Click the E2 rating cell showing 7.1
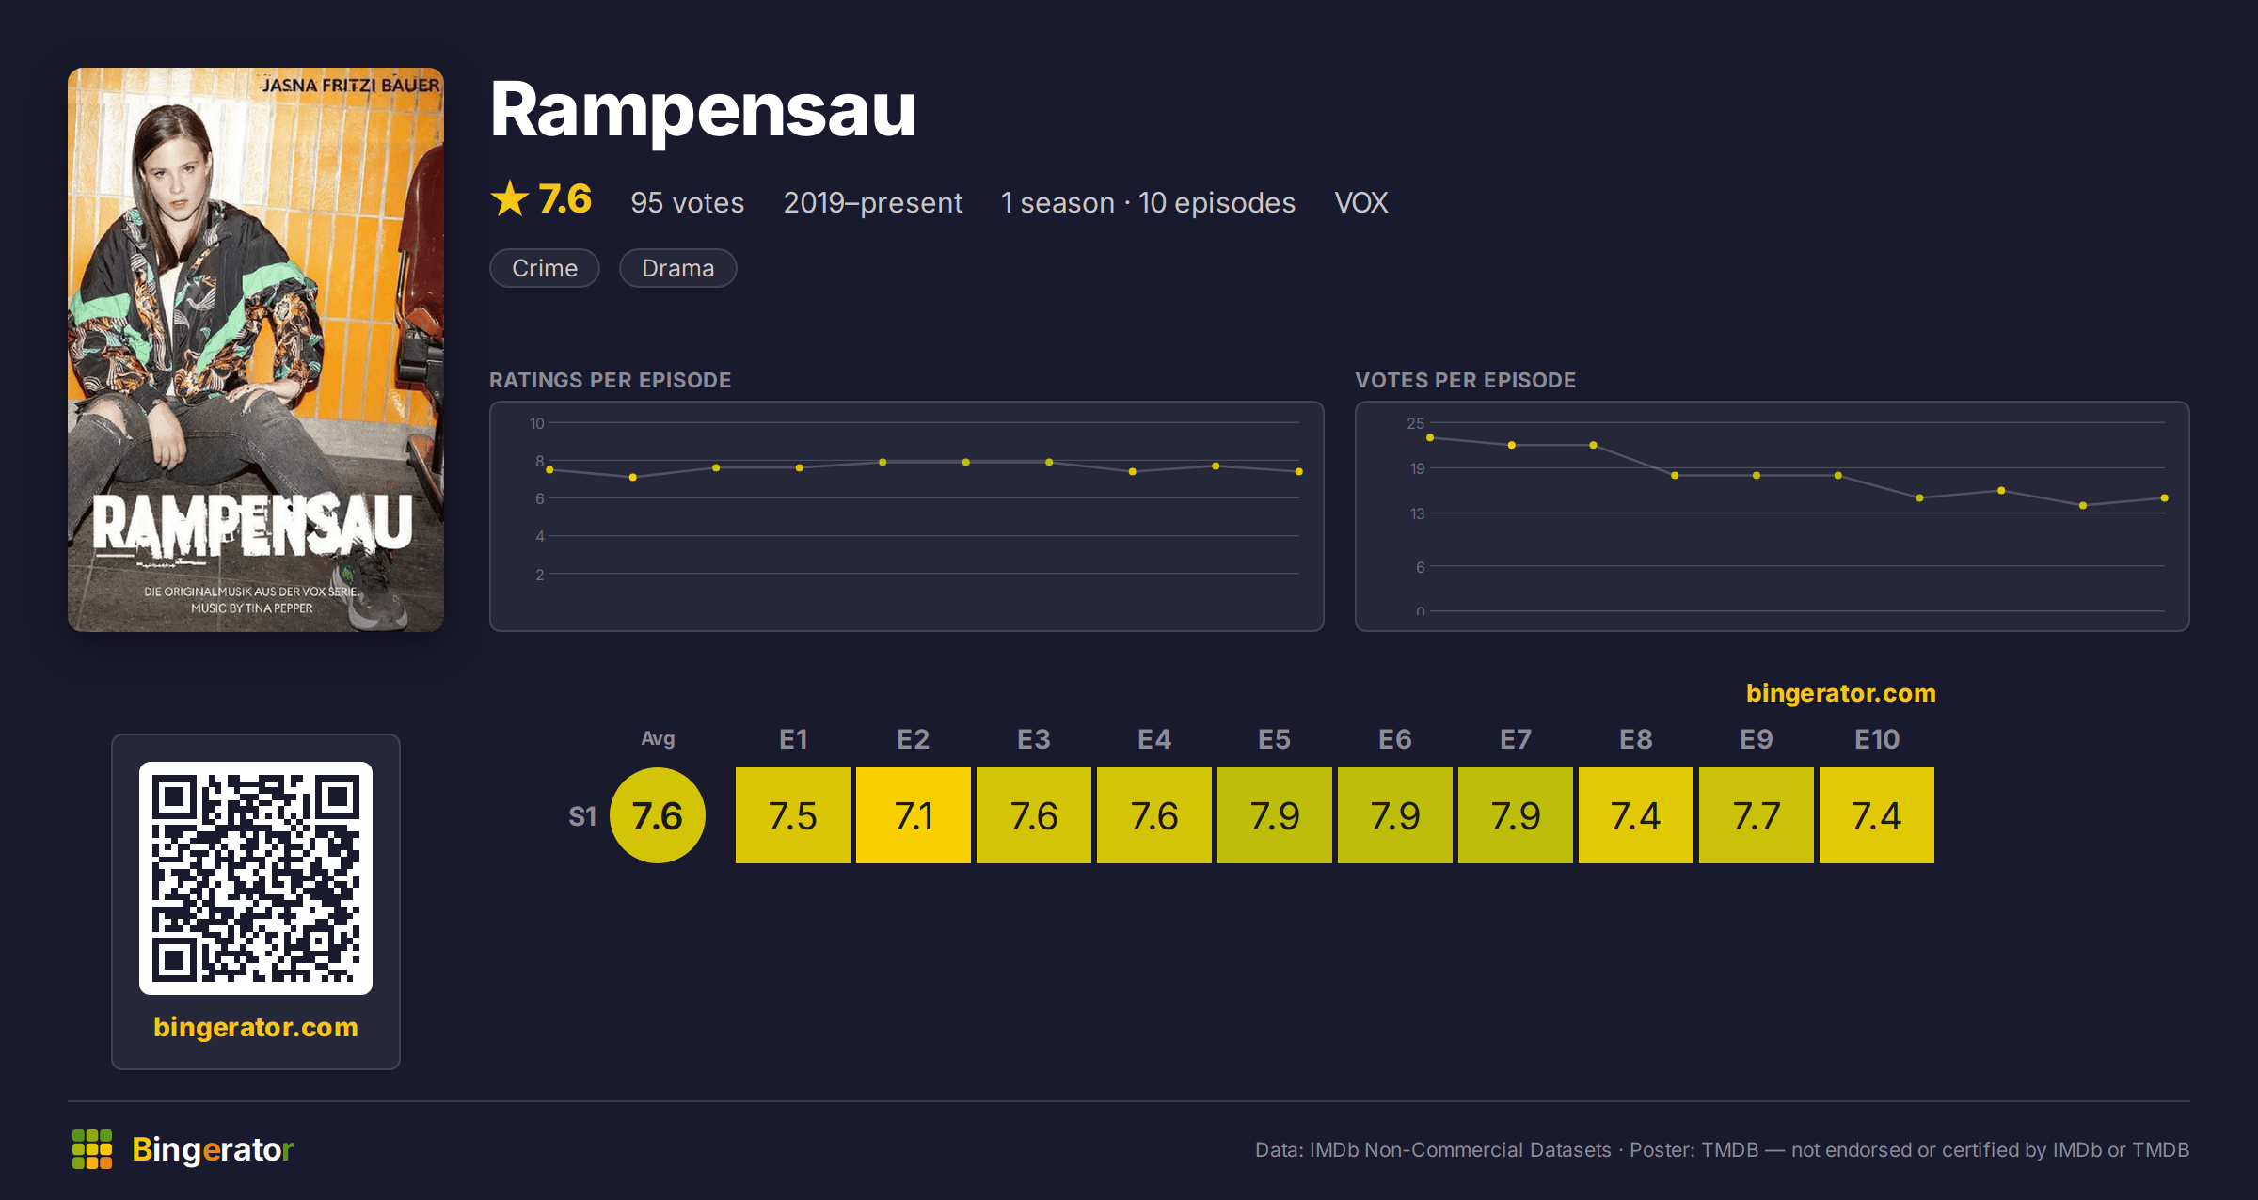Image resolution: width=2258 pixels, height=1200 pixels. pyautogui.click(x=913, y=815)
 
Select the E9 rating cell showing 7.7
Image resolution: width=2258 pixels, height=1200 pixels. pyautogui.click(x=1756, y=815)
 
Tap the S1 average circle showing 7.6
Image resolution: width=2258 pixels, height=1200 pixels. pyautogui.click(x=658, y=815)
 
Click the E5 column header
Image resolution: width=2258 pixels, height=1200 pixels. pyautogui.click(x=1274, y=739)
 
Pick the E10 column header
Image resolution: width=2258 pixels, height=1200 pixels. pyautogui.click(x=1876, y=739)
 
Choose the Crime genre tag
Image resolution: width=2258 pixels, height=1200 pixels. pyautogui.click(x=545, y=268)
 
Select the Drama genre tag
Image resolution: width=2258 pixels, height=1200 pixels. pyautogui.click(x=677, y=268)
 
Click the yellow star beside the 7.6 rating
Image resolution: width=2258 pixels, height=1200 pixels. pyautogui.click(x=510, y=198)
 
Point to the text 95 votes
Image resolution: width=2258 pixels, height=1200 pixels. pyautogui.click(x=687, y=202)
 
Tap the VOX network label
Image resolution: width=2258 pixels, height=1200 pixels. pyautogui.click(x=1360, y=202)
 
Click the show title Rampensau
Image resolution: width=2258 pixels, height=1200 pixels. pyautogui.click(x=703, y=110)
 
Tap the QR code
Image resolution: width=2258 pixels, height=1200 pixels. pyautogui.click(x=256, y=878)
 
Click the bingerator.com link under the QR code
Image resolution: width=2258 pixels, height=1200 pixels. pyautogui.click(x=256, y=1027)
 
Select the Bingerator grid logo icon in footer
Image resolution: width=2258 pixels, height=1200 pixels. pyautogui.click(x=92, y=1149)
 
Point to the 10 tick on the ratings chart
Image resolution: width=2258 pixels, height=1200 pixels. pyautogui.click(x=537, y=423)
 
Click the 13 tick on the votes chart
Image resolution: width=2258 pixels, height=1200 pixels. pyautogui.click(x=1418, y=513)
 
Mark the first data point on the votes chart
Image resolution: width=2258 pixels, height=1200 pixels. pyautogui.click(x=1430, y=437)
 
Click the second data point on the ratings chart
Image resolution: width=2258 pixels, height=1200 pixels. pyautogui.click(x=633, y=477)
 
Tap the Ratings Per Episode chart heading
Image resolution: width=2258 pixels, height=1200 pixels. pyautogui.click(x=610, y=380)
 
